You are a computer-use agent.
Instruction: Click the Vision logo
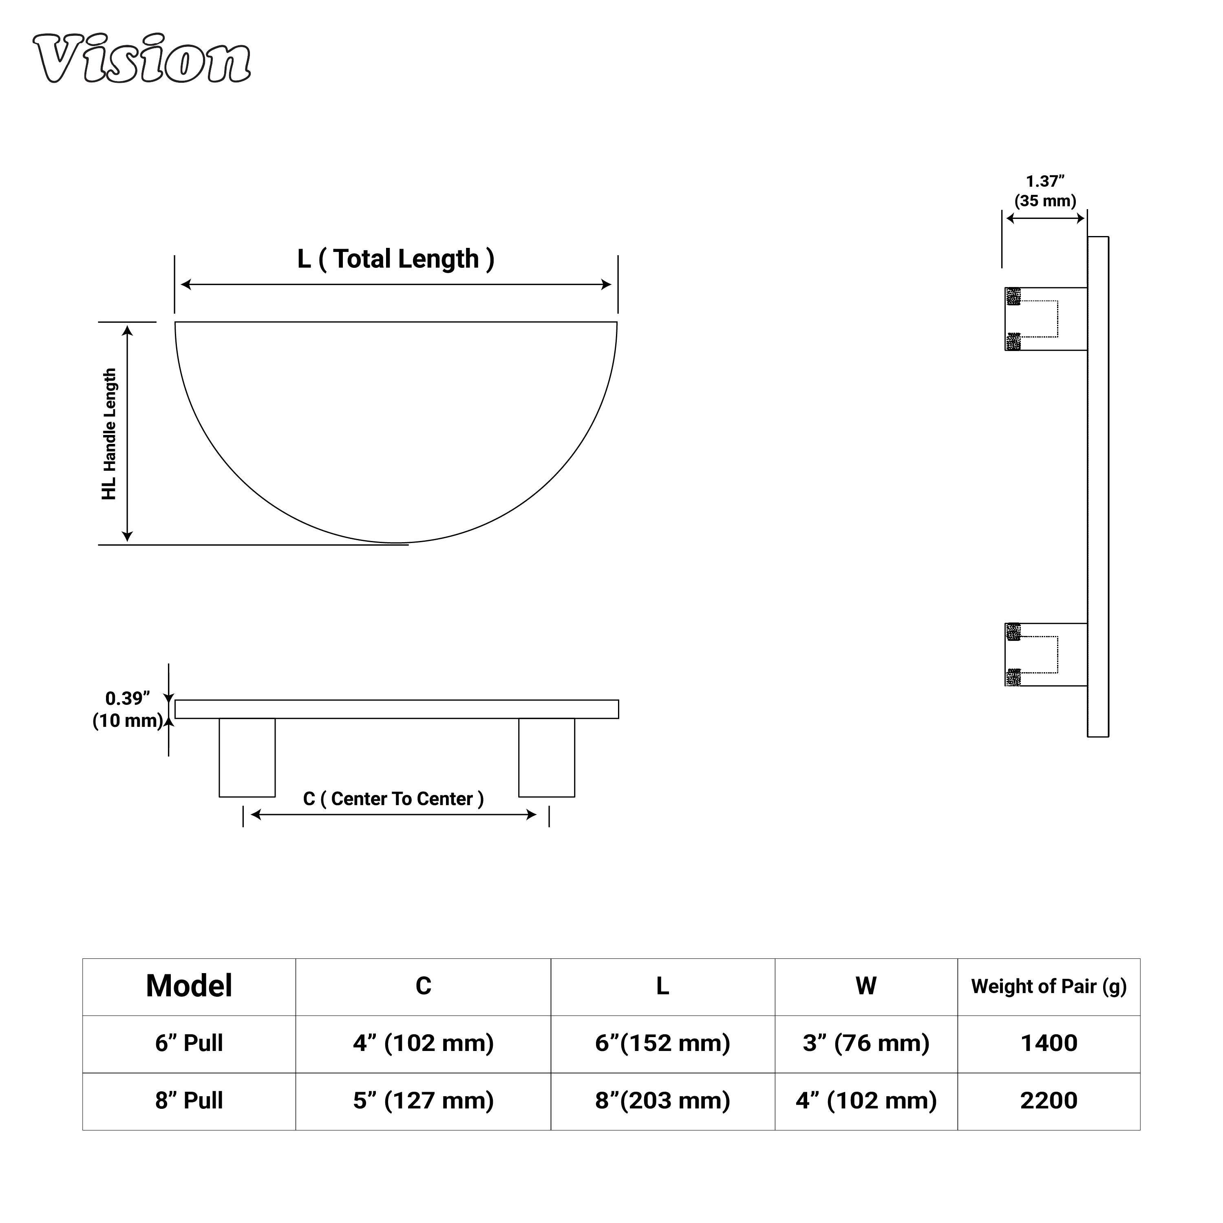tap(142, 59)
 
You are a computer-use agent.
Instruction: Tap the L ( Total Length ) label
tap(395, 259)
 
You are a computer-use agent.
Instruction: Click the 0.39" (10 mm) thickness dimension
tap(128, 710)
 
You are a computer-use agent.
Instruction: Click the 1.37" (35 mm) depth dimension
tap(1045, 191)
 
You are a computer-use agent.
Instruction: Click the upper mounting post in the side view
tap(1046, 319)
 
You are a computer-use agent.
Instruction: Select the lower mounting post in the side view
tap(1046, 655)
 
